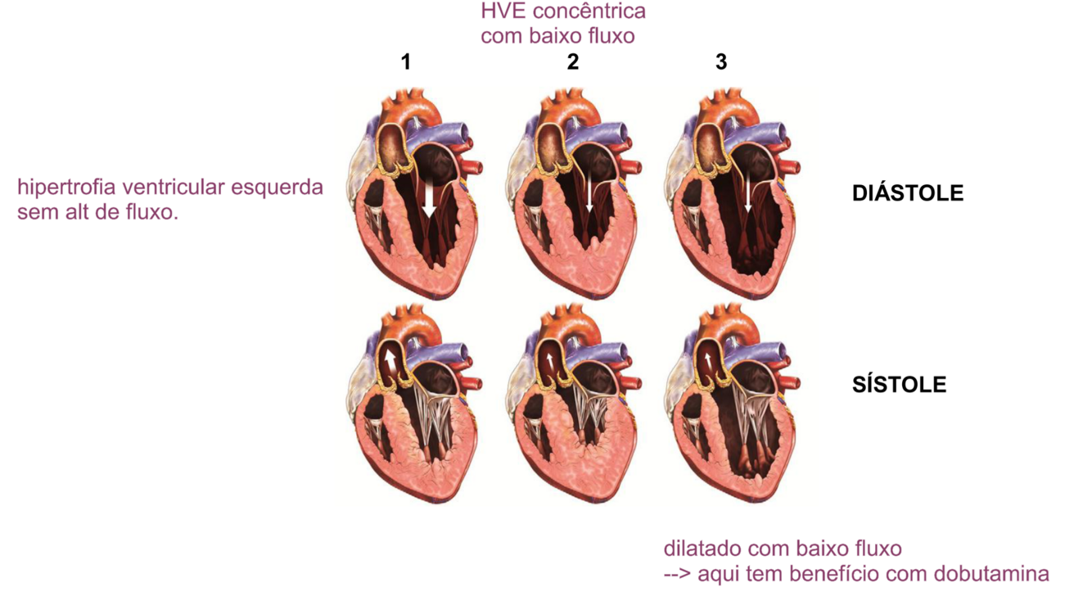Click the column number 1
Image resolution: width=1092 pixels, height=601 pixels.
coord(405,61)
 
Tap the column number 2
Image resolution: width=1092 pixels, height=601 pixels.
coord(572,61)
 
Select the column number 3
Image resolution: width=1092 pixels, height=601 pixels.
coord(721,61)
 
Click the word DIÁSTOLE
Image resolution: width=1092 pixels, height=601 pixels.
coord(908,194)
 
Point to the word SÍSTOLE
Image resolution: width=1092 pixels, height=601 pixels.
coord(899,385)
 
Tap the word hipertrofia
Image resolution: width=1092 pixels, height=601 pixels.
coord(65,188)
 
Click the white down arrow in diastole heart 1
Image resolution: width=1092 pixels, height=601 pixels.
coord(429,199)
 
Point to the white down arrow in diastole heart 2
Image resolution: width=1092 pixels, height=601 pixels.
coord(589,197)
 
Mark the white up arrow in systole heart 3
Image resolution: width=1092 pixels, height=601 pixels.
coord(706,359)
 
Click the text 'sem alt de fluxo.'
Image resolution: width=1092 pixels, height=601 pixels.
coord(97,213)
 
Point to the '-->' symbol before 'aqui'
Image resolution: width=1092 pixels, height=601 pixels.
coord(678,574)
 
